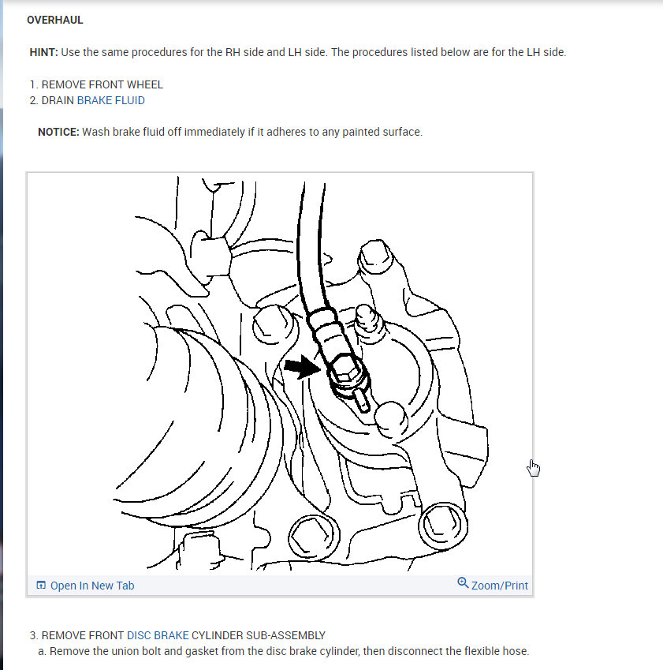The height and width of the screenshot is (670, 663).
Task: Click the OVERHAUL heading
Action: pos(54,20)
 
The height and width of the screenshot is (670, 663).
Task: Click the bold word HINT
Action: pos(43,52)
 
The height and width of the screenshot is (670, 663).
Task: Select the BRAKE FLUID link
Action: pos(110,100)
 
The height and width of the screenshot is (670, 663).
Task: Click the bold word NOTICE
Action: pos(58,132)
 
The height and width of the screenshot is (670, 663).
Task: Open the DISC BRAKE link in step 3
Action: pos(158,635)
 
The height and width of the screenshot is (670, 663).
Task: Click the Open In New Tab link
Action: pos(91,586)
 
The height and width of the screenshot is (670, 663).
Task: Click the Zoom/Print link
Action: pos(499,586)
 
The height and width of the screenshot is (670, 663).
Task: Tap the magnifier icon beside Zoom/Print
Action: pos(463,583)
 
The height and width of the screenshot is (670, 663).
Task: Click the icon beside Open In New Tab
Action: pos(41,586)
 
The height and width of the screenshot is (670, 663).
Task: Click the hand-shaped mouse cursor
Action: pos(534,468)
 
